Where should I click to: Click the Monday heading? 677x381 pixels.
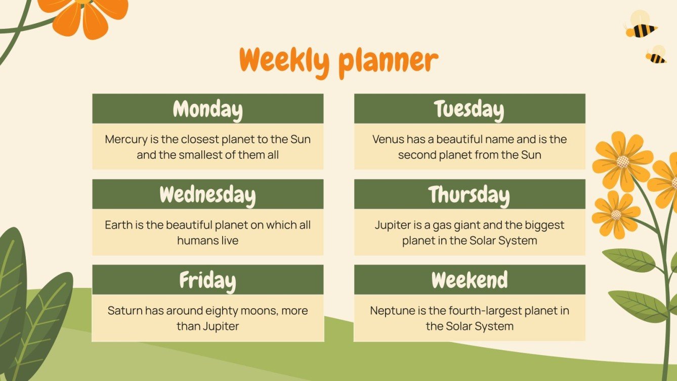click(207, 109)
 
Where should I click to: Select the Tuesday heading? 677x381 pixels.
click(469, 109)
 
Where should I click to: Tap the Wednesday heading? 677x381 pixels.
click(207, 194)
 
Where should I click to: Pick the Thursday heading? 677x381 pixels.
click(469, 194)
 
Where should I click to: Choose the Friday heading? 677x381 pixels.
click(207, 280)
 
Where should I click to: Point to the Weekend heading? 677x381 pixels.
click(469, 280)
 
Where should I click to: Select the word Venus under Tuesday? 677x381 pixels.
click(389, 139)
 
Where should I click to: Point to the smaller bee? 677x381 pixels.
click(656, 55)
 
